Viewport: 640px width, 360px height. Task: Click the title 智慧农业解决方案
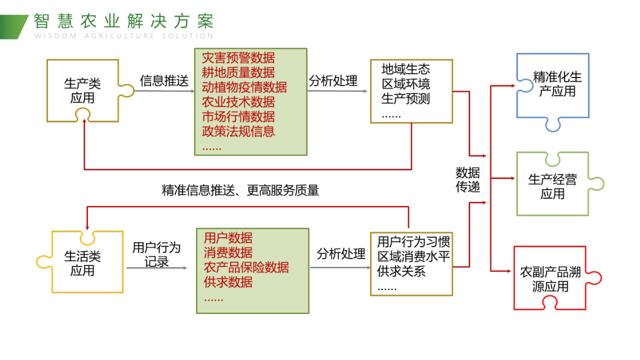[x=124, y=21]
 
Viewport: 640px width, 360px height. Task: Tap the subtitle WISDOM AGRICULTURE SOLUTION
[x=124, y=36]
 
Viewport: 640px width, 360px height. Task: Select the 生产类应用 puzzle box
[x=82, y=90]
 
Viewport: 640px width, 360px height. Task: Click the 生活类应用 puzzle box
[x=82, y=263]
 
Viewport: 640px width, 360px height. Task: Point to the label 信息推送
[x=164, y=81]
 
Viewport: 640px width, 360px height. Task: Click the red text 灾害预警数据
[x=238, y=57]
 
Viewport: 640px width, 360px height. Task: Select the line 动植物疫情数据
[x=244, y=87]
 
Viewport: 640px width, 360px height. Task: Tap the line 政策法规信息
[x=238, y=131]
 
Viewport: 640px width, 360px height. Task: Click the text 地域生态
[x=405, y=69]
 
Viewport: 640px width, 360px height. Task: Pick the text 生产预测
[x=405, y=98]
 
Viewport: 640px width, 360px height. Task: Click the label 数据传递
[x=468, y=180]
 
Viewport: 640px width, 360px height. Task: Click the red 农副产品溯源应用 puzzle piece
[x=549, y=279]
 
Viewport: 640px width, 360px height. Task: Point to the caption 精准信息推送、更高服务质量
[x=240, y=190]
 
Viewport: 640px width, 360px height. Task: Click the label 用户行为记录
[x=156, y=254]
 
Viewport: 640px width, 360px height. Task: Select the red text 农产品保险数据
[x=246, y=267]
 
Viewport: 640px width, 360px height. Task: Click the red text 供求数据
[x=228, y=282]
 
